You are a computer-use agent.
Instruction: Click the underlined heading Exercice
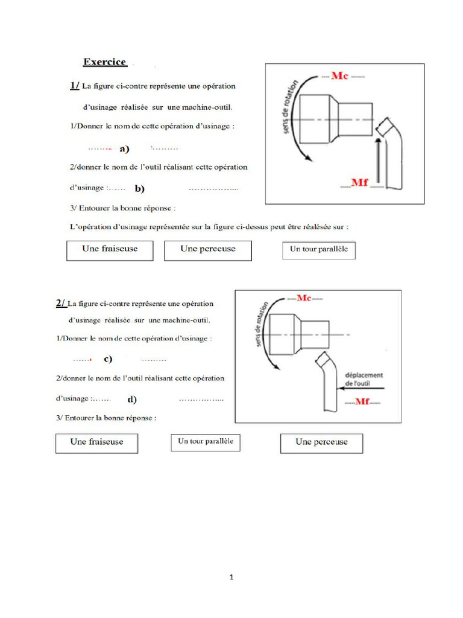click(104, 62)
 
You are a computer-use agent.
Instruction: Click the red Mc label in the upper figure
click(342, 76)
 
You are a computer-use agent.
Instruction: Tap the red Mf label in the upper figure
click(359, 182)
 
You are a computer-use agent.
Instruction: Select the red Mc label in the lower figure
click(304, 298)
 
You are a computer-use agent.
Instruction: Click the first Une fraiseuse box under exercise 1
click(110, 250)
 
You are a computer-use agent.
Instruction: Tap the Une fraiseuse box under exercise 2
click(96, 442)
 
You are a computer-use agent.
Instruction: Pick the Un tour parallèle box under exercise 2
click(205, 442)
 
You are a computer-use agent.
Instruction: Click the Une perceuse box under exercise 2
click(322, 442)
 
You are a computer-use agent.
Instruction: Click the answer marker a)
click(125, 148)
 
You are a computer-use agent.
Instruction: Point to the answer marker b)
click(140, 189)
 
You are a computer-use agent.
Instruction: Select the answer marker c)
click(108, 359)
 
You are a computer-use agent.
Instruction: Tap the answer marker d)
click(132, 400)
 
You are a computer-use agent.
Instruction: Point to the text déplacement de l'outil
click(364, 379)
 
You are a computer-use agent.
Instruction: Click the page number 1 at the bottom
click(231, 578)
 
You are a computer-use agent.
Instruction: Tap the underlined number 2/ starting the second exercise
click(61, 303)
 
